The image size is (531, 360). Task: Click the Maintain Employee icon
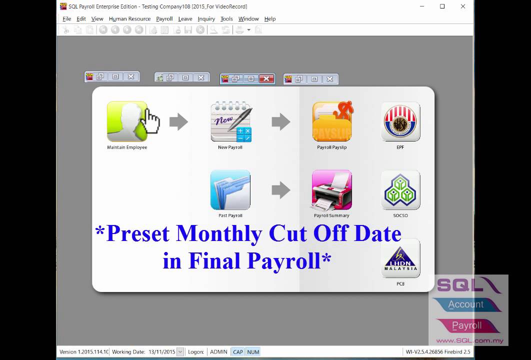coord(127,121)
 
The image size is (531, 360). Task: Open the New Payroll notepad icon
coord(230,121)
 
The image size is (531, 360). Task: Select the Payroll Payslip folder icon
coord(332,121)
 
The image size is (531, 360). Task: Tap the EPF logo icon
coord(400,121)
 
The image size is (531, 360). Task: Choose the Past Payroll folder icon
coord(230,190)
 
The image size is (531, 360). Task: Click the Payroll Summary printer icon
coord(332,190)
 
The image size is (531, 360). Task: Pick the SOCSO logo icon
coord(400,190)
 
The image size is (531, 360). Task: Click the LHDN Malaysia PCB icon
coord(400,258)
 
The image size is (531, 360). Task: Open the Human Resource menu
coord(129,19)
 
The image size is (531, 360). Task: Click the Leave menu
coord(185,19)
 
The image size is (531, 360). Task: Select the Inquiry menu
coord(206,19)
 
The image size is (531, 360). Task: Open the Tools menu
coord(226,19)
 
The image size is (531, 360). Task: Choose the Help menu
coord(270,19)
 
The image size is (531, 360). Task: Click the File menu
coord(67,19)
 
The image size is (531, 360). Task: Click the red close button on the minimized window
coord(266,78)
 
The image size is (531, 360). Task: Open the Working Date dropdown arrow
coord(180,352)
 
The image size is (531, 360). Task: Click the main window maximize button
coord(442,6)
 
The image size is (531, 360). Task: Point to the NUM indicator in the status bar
coord(253,352)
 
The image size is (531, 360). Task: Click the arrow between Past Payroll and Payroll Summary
coord(281,190)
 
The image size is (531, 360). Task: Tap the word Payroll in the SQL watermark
coord(466,325)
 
